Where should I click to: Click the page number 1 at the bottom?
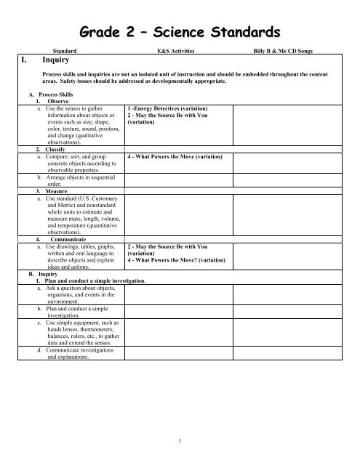179,440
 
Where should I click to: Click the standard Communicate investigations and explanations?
81,354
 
